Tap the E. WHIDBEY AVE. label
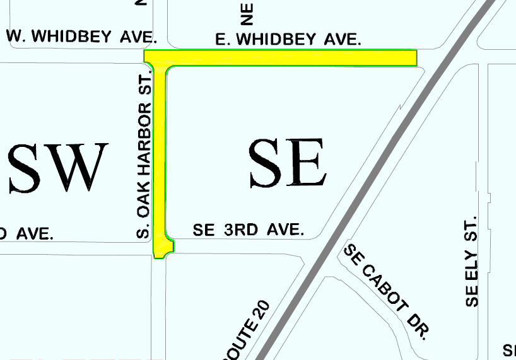(x=288, y=40)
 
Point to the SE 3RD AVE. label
(x=249, y=231)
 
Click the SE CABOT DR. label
(x=386, y=291)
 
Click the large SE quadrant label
(x=288, y=163)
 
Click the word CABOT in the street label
(x=389, y=294)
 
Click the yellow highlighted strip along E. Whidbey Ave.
(x=290, y=58)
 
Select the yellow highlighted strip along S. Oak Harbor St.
(x=159, y=158)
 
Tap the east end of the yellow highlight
(x=413, y=58)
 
